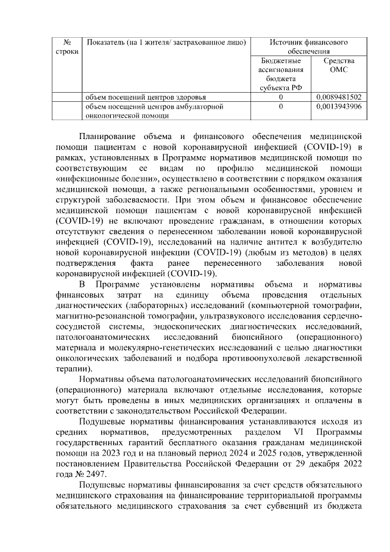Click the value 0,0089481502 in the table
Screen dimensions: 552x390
(x=339, y=97)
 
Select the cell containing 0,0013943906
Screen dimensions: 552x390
(x=339, y=106)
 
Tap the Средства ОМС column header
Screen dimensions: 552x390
(x=339, y=65)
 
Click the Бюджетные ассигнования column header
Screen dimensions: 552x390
(x=280, y=74)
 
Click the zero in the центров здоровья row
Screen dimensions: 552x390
(x=280, y=97)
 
